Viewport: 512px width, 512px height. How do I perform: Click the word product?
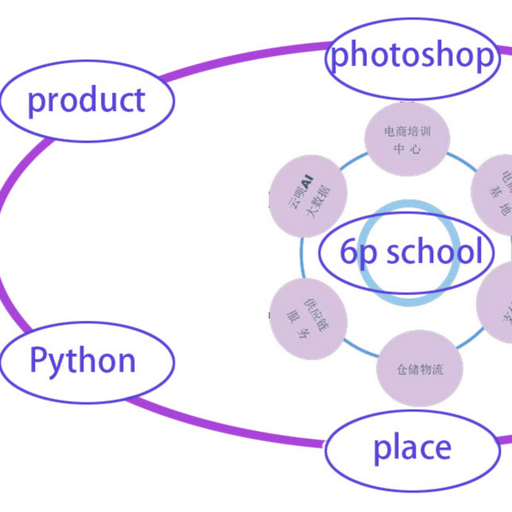(x=86, y=100)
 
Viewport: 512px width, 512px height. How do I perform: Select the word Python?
(x=83, y=361)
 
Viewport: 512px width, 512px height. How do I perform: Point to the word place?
(x=412, y=448)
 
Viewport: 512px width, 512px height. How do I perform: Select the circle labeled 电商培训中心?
(x=407, y=139)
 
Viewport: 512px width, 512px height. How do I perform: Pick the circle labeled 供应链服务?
(x=308, y=318)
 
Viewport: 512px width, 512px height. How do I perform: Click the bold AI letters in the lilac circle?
(x=307, y=183)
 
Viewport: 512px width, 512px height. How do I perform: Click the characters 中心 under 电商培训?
(x=407, y=150)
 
